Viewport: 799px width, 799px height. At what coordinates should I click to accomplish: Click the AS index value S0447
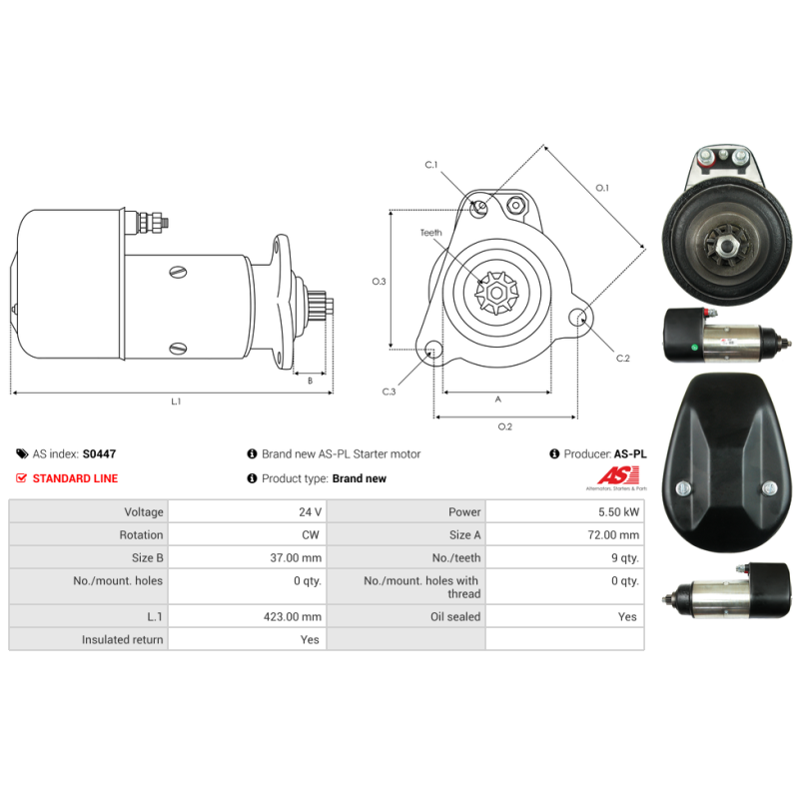pyautogui.click(x=99, y=453)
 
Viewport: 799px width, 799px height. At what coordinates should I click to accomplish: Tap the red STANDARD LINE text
pyautogui.click(x=75, y=478)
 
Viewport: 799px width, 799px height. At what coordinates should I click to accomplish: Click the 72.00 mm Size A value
pyautogui.click(x=613, y=534)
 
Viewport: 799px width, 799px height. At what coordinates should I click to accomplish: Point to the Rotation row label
pyautogui.click(x=141, y=534)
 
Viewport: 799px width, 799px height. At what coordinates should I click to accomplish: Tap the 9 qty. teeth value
pyautogui.click(x=625, y=558)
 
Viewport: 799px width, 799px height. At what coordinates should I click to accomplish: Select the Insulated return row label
pyautogui.click(x=122, y=639)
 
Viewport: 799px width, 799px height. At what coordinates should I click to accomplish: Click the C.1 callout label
pyautogui.click(x=431, y=165)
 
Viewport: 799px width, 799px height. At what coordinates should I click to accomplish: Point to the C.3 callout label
pyautogui.click(x=389, y=392)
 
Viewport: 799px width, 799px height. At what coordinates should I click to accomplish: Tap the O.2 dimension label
pyautogui.click(x=505, y=426)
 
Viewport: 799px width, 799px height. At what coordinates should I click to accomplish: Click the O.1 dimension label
pyautogui.click(x=602, y=188)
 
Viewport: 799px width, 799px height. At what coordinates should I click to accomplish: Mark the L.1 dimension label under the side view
pyautogui.click(x=176, y=401)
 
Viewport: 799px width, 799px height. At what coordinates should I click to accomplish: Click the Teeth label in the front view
pyautogui.click(x=431, y=233)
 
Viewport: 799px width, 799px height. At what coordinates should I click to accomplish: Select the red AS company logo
pyautogui.click(x=618, y=475)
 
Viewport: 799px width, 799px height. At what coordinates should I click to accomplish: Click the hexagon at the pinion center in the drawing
pyautogui.click(x=495, y=293)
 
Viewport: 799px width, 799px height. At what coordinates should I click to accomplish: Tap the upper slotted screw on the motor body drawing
pyautogui.click(x=178, y=272)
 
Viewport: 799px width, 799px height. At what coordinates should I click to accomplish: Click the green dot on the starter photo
pyautogui.click(x=694, y=348)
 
